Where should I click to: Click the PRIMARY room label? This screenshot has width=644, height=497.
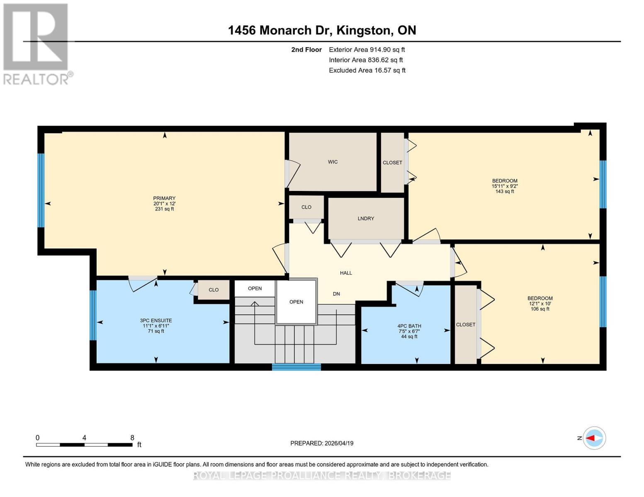[x=164, y=198]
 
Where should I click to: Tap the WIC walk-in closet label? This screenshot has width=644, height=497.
[x=333, y=162]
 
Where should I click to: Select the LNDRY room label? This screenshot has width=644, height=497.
[x=366, y=219]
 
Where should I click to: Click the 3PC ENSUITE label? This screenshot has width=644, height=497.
[x=156, y=321]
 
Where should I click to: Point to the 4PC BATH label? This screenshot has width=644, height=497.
[x=409, y=326]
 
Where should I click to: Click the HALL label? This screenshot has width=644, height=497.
[x=346, y=273]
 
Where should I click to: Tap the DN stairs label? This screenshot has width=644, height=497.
[x=336, y=294]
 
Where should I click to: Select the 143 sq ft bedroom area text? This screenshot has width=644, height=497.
[x=505, y=192]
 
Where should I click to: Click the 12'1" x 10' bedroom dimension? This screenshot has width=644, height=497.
[x=540, y=304]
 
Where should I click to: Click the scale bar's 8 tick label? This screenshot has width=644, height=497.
[x=132, y=438]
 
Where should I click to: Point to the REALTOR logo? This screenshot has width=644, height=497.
[x=36, y=43]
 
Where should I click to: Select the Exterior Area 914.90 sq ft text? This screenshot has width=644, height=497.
[x=367, y=50]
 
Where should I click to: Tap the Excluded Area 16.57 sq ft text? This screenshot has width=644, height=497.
[x=367, y=70]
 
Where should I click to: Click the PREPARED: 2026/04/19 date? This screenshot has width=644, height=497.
[x=322, y=443]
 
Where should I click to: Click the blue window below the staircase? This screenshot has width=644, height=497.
[x=296, y=367]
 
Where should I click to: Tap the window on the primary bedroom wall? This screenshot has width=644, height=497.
[x=41, y=191]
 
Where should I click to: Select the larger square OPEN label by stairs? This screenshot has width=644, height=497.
[x=296, y=302]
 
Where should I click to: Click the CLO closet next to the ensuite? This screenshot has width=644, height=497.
[x=214, y=290]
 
